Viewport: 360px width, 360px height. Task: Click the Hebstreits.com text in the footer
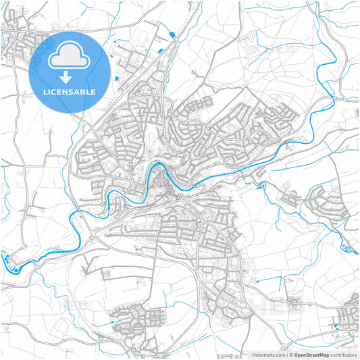pos(268,354)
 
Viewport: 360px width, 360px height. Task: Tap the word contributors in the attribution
pos(344,354)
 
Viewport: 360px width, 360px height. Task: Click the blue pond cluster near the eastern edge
pos(347,249)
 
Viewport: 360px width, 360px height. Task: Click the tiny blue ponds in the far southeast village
pos(336,328)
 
